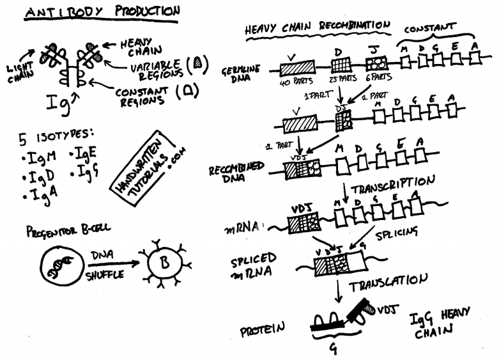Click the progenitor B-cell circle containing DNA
pyautogui.click(x=59, y=262)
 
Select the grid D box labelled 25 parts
pyautogui.click(x=341, y=65)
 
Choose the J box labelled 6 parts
pyautogui.click(x=376, y=64)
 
